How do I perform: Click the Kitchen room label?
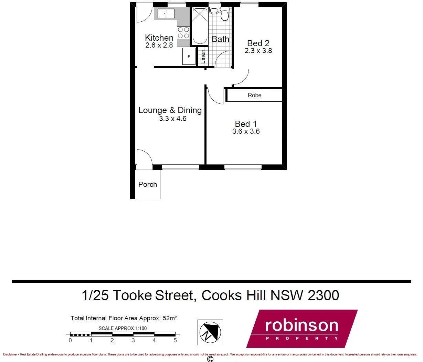(x=159, y=38)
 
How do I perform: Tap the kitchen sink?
(x=166, y=14)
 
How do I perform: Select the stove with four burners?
(x=183, y=33)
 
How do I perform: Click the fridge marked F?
(x=189, y=56)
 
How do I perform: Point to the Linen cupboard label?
(x=203, y=57)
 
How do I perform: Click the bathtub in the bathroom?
(x=200, y=26)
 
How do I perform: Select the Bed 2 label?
(x=258, y=43)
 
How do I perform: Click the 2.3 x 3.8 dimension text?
(x=258, y=51)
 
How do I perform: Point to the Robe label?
(x=254, y=95)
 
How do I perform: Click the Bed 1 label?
(x=246, y=124)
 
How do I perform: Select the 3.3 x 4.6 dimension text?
(x=172, y=119)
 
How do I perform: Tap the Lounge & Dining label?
(x=170, y=110)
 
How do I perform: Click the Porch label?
(x=148, y=184)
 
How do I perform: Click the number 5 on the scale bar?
(x=175, y=341)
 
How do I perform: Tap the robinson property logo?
(x=302, y=329)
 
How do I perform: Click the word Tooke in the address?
(x=132, y=295)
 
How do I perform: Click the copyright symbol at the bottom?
(x=210, y=359)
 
